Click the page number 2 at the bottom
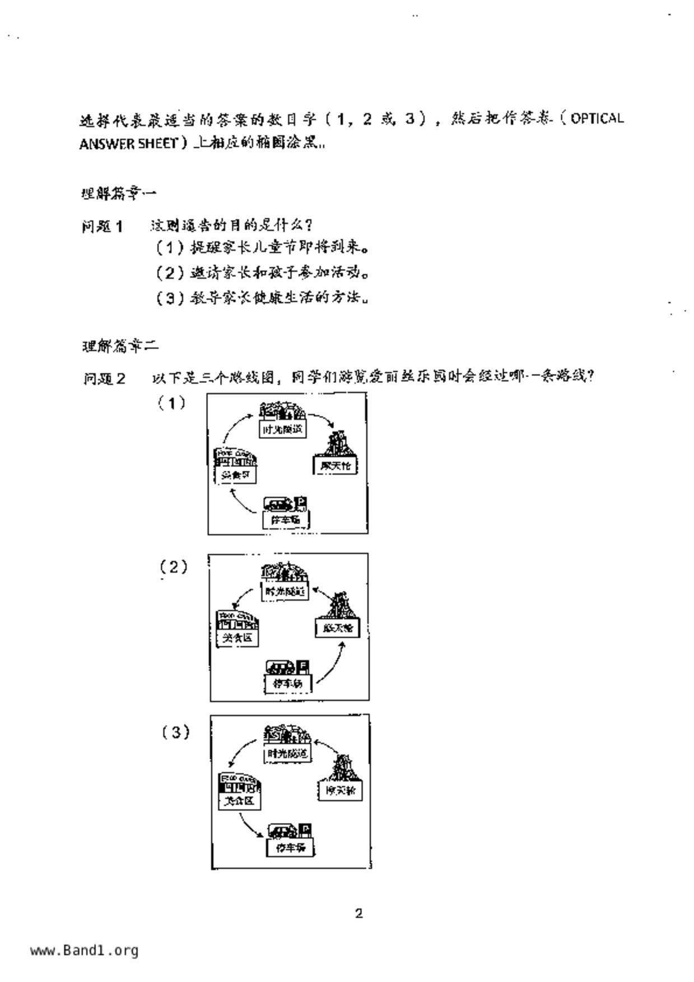coord(358,914)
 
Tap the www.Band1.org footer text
coord(84,951)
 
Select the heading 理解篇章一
coord(119,194)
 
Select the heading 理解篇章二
coord(120,347)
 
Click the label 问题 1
coord(102,227)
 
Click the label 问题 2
coord(104,379)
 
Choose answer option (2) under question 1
coord(262,273)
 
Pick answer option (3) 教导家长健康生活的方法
coord(262,298)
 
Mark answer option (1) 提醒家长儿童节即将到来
coord(262,247)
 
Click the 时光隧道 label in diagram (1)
coord(283,429)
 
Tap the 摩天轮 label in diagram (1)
coord(335,466)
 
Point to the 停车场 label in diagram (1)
coord(286,520)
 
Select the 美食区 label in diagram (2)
coord(237,638)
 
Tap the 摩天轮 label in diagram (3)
coord(340,791)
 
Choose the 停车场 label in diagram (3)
coord(290,848)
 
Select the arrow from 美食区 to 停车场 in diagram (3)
coord(249,825)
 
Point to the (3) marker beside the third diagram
coord(176,732)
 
